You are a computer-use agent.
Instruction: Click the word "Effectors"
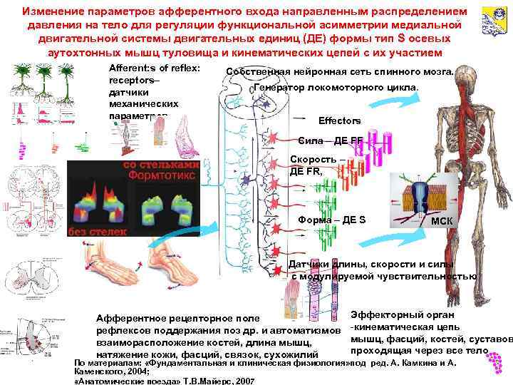[339, 120]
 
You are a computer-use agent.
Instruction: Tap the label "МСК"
[441, 220]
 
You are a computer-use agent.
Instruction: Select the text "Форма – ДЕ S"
[332, 219]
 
